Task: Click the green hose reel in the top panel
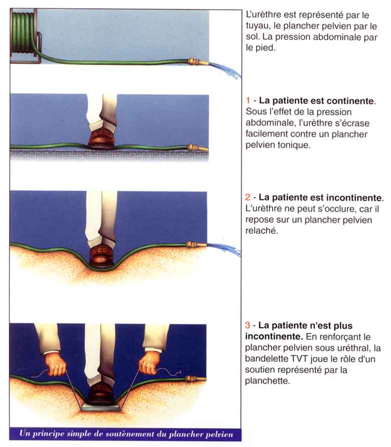[x=24, y=36]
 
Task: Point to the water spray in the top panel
[x=225, y=70]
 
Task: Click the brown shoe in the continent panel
[x=102, y=137]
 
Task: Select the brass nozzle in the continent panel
[x=198, y=148]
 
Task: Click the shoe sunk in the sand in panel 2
[x=101, y=255]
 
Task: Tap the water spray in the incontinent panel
[x=224, y=250]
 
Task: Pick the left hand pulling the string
[x=56, y=366]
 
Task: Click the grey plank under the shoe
[x=100, y=407]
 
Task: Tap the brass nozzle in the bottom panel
[x=196, y=379]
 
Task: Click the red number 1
[x=248, y=100]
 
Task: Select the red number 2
[x=248, y=197]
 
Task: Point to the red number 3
[x=248, y=325]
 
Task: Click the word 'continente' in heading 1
[x=351, y=101]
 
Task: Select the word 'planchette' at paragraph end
[x=267, y=381]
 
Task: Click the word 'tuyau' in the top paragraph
[x=258, y=26]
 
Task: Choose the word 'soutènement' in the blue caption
[x=131, y=434]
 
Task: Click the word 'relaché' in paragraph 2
[x=262, y=231]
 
